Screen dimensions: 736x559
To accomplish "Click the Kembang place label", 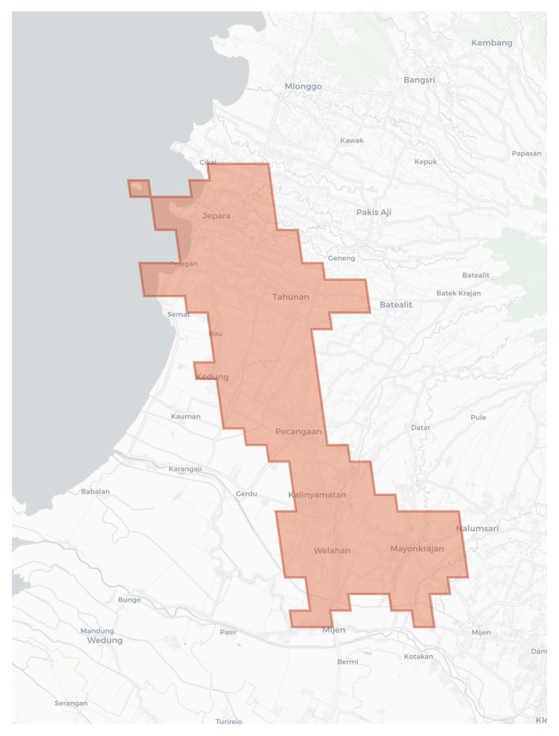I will tap(492, 43).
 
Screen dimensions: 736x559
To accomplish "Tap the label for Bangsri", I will tap(419, 80).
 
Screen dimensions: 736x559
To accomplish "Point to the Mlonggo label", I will tap(303, 86).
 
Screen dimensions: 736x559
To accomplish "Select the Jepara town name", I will tap(216, 216).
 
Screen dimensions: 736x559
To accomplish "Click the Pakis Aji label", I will tap(373, 212).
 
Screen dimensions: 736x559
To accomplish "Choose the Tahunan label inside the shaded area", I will tap(291, 297).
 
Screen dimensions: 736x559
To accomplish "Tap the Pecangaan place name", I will tap(298, 432).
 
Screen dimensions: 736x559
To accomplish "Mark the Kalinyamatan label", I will tap(317, 495).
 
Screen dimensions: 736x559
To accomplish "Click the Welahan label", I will tap(332, 551).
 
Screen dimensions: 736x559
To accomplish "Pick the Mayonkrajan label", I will tap(417, 549).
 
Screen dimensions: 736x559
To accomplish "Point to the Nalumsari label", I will tap(477, 529).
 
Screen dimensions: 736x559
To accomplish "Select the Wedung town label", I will tap(105, 640).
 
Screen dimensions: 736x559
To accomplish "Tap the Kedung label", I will tap(212, 377).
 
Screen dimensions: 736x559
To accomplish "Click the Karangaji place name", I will tap(185, 469).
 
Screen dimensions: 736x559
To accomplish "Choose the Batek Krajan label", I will tap(458, 293).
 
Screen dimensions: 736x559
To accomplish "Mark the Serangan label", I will tap(71, 703).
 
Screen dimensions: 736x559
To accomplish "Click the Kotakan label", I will tap(418, 656).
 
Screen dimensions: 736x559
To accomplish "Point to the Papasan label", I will tap(526, 154).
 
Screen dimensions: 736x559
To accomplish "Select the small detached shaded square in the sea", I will tap(139, 188).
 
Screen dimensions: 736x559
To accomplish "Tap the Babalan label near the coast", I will tap(95, 492).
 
